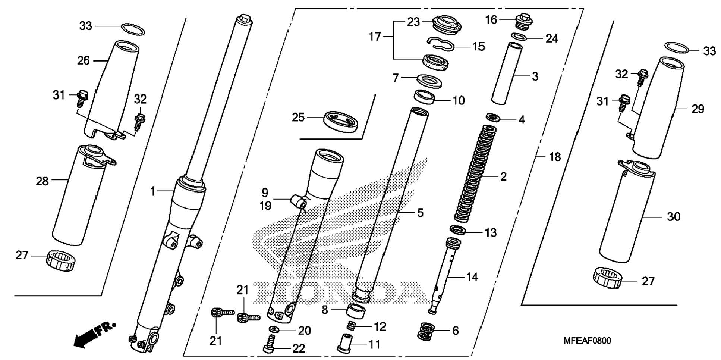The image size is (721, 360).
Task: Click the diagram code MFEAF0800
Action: pyautogui.click(x=587, y=341)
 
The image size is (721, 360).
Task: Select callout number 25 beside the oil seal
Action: pyautogui.click(x=298, y=118)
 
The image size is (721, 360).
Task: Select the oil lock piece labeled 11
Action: pyautogui.click(x=344, y=342)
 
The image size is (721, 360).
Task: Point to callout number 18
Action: pyautogui.click(x=555, y=157)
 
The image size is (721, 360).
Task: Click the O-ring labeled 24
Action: pyautogui.click(x=519, y=37)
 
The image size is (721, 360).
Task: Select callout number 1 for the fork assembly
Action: pyautogui.click(x=152, y=192)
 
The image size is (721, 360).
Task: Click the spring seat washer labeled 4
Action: pyautogui.click(x=494, y=118)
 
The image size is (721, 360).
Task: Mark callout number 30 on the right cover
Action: pyautogui.click(x=673, y=217)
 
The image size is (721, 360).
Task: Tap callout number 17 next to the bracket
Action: pyautogui.click(x=375, y=37)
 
